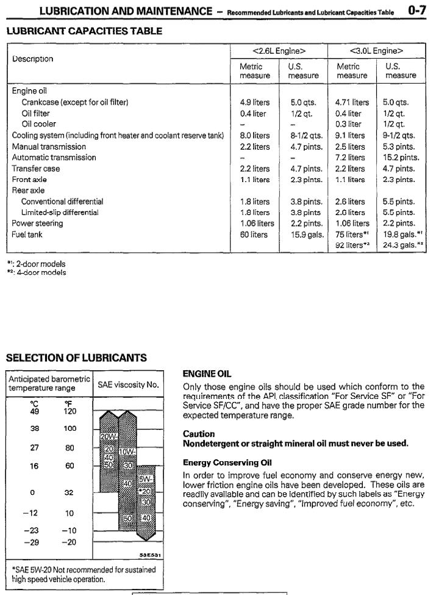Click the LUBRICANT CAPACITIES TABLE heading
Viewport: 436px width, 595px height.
pos(84,31)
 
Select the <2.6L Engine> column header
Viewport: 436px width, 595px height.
pos(279,50)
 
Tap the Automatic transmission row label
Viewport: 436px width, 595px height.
pos(54,158)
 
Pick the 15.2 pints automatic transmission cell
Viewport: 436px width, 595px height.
pos(401,158)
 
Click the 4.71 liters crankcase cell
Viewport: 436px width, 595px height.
pos(352,103)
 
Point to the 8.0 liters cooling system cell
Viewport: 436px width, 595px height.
pos(255,136)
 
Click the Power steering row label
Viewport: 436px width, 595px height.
pos(37,224)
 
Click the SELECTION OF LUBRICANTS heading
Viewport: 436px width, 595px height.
pos(76,359)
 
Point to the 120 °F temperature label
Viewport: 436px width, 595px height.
pos(70,412)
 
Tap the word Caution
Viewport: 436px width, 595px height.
pos(198,433)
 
